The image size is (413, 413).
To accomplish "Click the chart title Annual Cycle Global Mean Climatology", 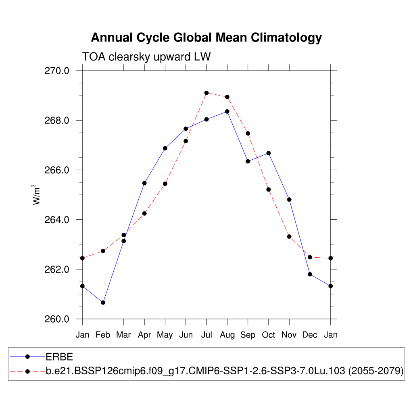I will click(x=206, y=38).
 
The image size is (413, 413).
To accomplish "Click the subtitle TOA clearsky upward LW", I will click(x=146, y=57).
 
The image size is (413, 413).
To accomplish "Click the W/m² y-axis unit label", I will click(x=37, y=194).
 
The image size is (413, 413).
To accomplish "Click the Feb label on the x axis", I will click(x=103, y=335).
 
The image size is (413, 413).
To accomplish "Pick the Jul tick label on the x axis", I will click(x=206, y=335).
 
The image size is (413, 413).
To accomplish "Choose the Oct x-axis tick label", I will click(x=268, y=335).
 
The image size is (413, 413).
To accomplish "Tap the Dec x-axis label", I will click(x=310, y=335).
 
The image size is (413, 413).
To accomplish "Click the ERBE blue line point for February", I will click(x=103, y=302).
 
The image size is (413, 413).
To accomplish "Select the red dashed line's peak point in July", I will click(x=206, y=93).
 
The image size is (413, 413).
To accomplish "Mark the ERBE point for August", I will click(x=227, y=111).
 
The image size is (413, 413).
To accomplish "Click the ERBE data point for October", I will click(x=268, y=153).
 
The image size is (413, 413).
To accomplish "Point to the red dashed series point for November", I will click(x=289, y=236).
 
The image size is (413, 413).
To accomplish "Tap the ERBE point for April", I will click(x=144, y=183).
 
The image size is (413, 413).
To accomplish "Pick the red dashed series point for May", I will click(x=165, y=184).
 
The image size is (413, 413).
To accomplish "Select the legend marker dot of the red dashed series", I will click(x=28, y=371).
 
